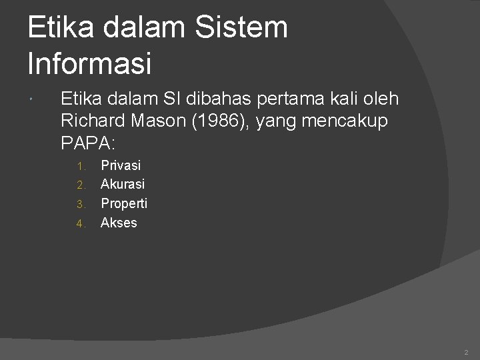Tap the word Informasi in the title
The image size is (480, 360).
point(90,63)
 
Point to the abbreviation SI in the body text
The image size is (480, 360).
point(176,99)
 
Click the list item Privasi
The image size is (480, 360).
point(121,165)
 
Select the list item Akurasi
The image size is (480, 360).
point(123,184)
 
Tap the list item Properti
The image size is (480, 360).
point(124,203)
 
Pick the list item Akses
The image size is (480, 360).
point(119,223)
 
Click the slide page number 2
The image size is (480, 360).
point(466,352)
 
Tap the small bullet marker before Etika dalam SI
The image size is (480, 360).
point(33,100)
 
